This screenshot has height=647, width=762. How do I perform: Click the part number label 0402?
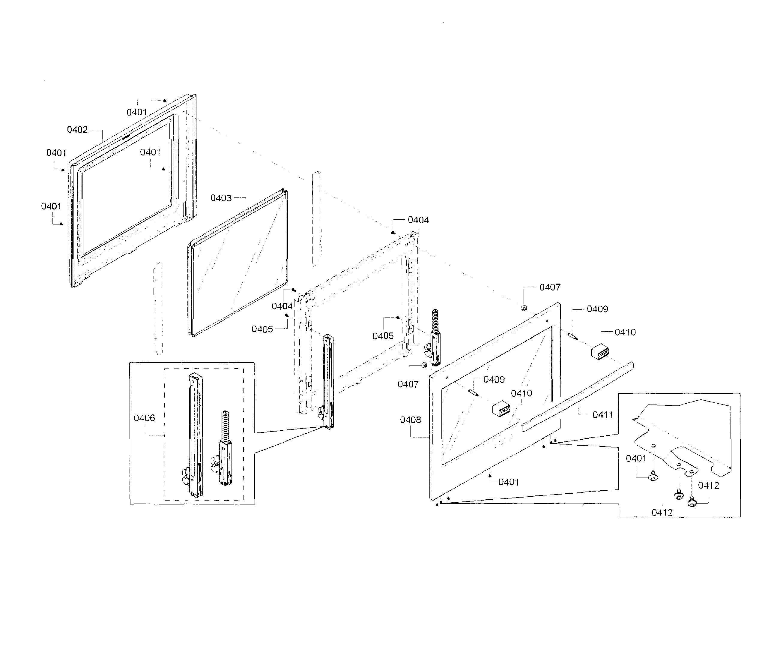(x=77, y=129)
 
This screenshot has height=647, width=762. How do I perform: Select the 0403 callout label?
(x=221, y=198)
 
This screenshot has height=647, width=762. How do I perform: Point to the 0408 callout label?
(x=410, y=420)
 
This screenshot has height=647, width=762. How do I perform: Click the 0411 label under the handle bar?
(x=602, y=415)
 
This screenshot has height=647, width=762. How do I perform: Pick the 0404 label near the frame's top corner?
(x=418, y=220)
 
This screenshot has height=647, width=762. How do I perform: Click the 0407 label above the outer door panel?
(x=550, y=287)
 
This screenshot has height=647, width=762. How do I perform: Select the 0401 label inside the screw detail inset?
(x=636, y=459)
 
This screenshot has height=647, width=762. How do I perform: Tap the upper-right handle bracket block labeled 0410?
(x=600, y=351)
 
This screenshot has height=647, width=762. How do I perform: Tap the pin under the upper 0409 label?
(x=572, y=336)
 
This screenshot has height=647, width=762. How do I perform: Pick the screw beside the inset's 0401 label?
(x=653, y=477)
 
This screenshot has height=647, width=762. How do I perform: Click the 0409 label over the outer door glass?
(x=494, y=380)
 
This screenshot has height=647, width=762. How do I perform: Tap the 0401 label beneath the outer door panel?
(x=508, y=482)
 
